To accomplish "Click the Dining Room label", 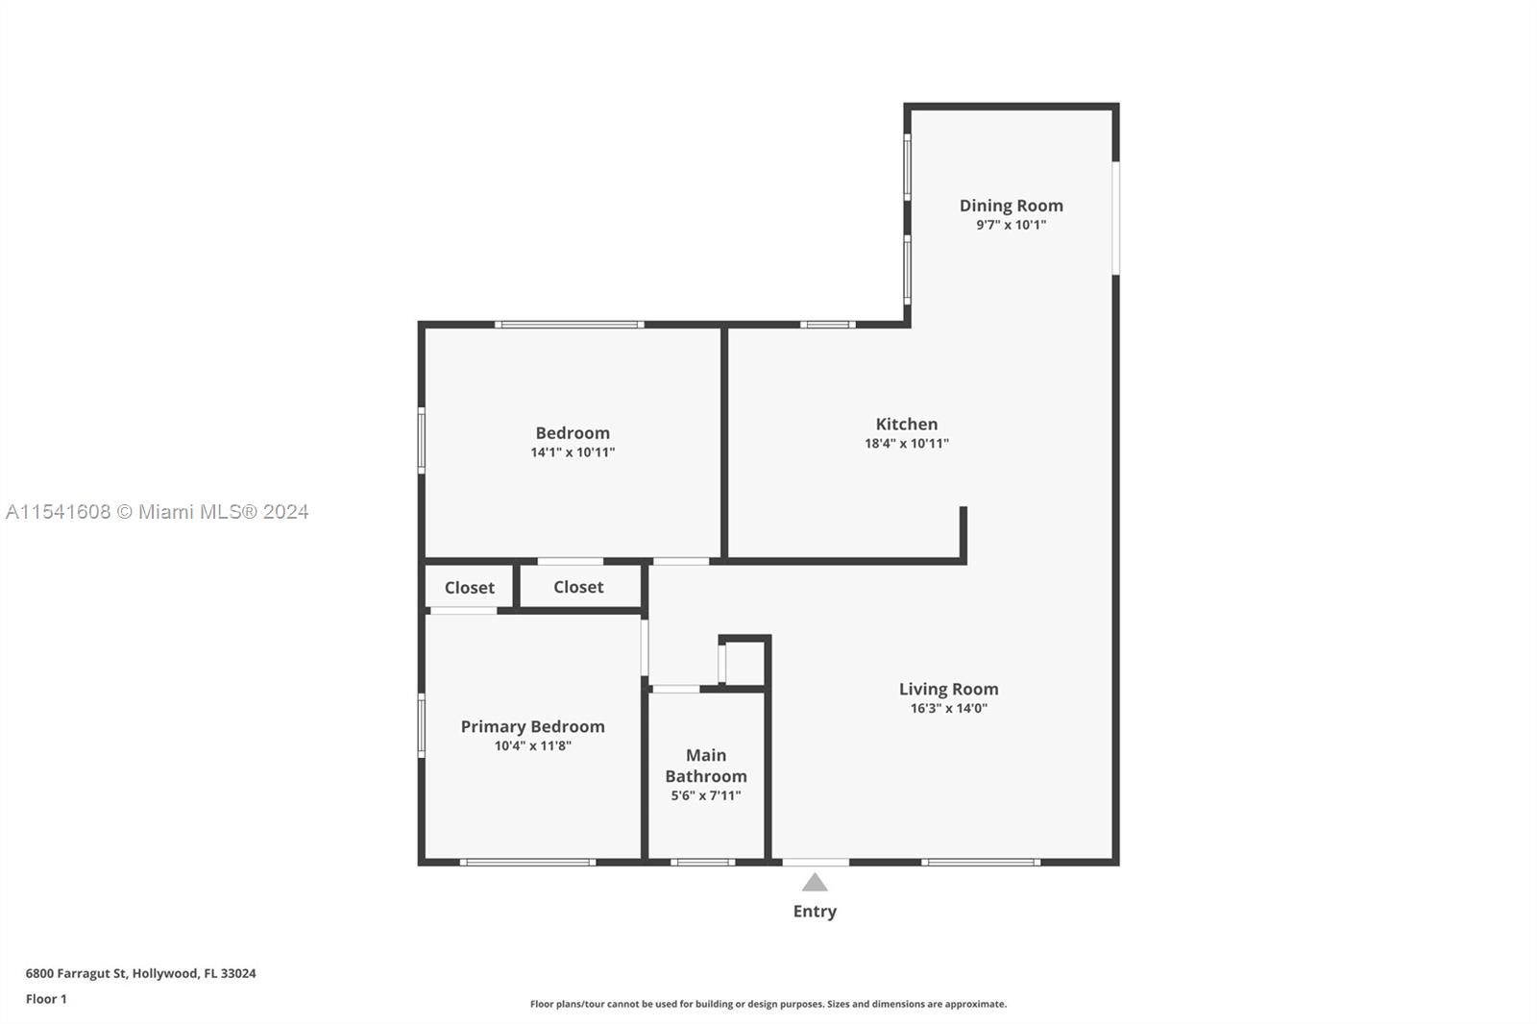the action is click(1011, 206).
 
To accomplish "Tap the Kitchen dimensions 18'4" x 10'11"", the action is click(907, 444).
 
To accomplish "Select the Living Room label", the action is click(948, 689).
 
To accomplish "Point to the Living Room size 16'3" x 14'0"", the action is click(948, 708).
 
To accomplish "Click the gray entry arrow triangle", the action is click(815, 882).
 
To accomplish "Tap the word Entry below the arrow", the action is click(815, 912).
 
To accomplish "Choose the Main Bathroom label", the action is click(706, 766).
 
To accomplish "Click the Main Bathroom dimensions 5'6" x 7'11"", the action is click(706, 795).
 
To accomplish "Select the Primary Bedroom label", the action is click(532, 727).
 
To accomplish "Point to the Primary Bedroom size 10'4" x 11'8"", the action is click(532, 746).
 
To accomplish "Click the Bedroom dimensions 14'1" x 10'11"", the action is click(573, 452).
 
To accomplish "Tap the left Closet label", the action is click(470, 588).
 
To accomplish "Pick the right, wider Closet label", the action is click(578, 587).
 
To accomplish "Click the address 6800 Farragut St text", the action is click(76, 973).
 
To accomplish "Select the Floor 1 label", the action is click(46, 999).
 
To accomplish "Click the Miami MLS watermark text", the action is click(158, 512).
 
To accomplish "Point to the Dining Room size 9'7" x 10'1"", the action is click(1011, 225).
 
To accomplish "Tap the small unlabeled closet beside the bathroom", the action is click(744, 663).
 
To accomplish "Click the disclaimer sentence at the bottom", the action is click(768, 1004).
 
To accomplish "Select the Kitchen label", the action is click(907, 425).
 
